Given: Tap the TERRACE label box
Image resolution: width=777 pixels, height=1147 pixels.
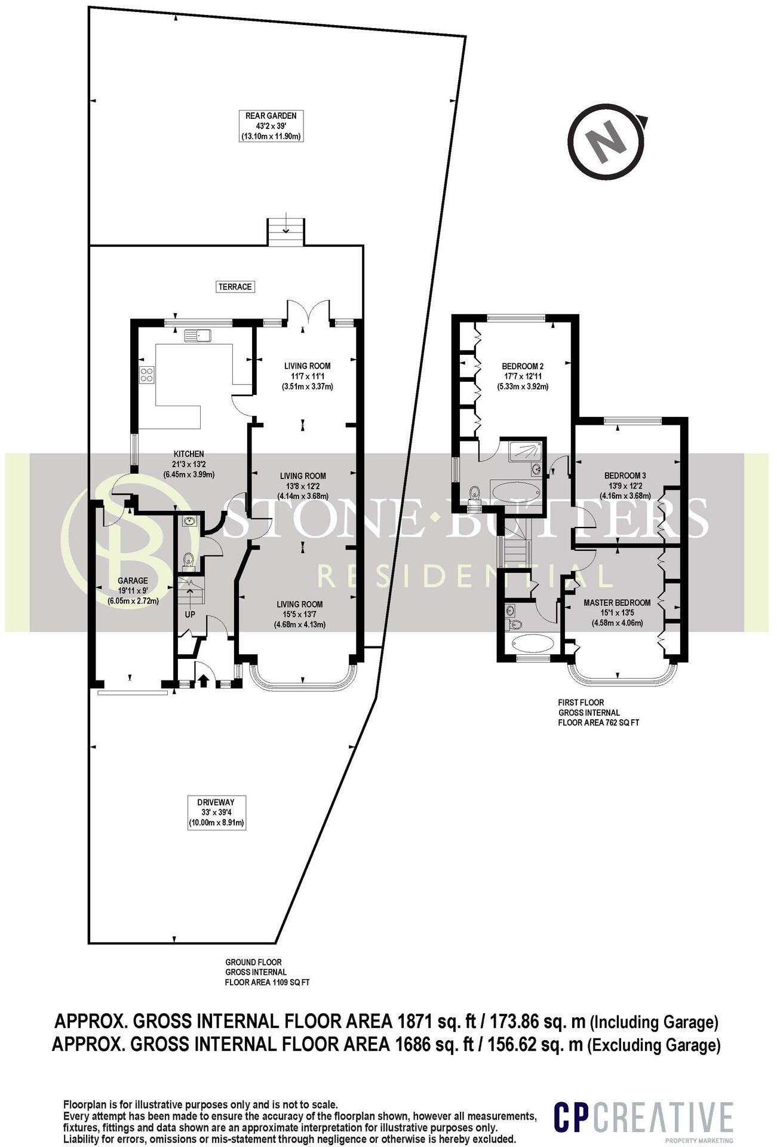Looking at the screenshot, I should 235,287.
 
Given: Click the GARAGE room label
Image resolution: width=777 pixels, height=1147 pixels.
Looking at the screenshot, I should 133,581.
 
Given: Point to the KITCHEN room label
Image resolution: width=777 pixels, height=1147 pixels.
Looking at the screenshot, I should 189,454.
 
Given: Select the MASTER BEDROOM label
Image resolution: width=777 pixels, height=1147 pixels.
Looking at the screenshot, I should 617,603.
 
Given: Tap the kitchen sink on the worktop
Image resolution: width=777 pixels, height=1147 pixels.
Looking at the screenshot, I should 198,336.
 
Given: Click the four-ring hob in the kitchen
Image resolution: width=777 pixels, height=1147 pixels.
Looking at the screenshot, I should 147,375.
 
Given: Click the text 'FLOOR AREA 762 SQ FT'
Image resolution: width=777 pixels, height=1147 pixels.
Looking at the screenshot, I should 598,722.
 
